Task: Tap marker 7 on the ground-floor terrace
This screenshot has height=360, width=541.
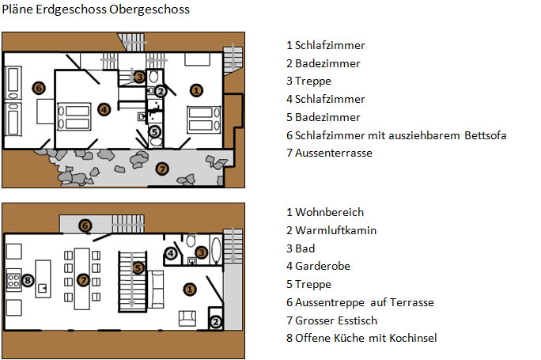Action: coord(162,169)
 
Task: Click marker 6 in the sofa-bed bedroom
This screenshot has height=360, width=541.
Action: coord(39,88)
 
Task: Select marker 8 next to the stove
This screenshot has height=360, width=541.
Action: coord(28,280)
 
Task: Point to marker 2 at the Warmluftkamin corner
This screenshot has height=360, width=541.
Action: coord(216,322)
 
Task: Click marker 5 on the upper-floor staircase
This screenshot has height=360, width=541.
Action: coord(138,268)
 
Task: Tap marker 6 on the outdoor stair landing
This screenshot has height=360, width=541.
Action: coord(85,225)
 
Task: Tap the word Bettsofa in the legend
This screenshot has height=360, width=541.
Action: coord(485,135)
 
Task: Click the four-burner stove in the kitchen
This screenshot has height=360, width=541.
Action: coord(13,280)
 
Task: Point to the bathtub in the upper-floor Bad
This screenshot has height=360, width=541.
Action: coord(217,250)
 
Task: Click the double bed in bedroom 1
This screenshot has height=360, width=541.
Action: coord(203,119)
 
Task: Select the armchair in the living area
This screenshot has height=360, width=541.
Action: coord(187,318)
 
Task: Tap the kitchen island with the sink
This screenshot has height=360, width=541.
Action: coord(44,279)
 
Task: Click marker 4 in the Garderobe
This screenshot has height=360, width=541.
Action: coord(171,253)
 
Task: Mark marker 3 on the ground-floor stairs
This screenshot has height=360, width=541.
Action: coord(139,77)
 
